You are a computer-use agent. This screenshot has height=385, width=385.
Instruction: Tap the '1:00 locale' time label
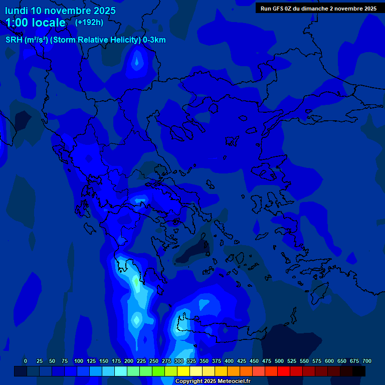click(x=36, y=23)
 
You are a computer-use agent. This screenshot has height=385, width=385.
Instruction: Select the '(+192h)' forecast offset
click(x=89, y=22)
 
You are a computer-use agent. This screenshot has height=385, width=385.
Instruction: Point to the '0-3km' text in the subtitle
click(x=154, y=40)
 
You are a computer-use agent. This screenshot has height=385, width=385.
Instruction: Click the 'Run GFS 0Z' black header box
click(x=319, y=9)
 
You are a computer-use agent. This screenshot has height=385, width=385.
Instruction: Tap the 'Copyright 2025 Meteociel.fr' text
click(x=213, y=381)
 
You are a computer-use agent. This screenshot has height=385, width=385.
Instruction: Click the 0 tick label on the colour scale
click(x=26, y=361)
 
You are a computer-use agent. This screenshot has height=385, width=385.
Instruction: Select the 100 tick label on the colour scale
click(x=79, y=361)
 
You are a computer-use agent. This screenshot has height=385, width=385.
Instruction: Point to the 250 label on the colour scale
click(x=154, y=361)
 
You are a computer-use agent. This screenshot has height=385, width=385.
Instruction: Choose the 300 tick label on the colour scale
click(x=179, y=361)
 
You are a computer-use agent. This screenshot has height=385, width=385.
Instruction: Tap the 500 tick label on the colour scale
click(x=279, y=361)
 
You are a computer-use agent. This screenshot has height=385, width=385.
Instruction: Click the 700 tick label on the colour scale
click(x=367, y=361)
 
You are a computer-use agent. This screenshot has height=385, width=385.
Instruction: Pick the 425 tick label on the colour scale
click(x=242, y=361)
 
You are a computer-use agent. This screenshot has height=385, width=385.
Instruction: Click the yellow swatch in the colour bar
click(x=183, y=371)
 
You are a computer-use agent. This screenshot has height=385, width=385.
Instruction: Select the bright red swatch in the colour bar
click(x=284, y=371)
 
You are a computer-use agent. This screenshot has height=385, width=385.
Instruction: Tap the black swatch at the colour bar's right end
click(x=359, y=371)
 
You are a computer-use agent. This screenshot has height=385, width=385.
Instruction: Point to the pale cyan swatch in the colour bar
click(x=121, y=371)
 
